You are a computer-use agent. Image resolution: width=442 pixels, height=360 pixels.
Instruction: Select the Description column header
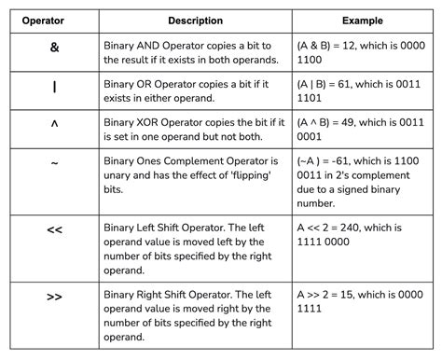pyautogui.click(x=195, y=20)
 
